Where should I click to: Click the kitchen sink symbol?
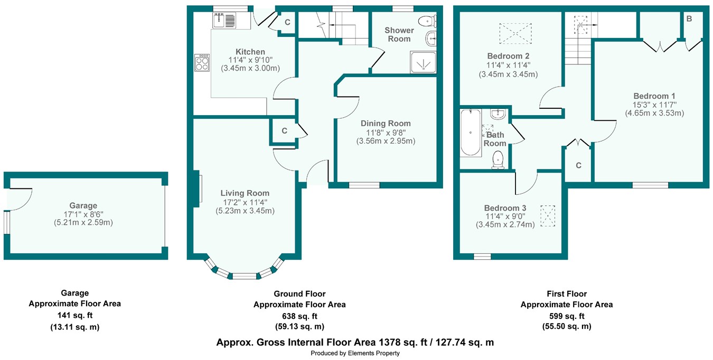tap(224, 21)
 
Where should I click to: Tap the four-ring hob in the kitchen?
tap(202, 63)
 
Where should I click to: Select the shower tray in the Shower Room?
tap(423, 62)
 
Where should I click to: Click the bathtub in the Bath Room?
tap(471, 132)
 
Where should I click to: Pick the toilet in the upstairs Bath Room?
tap(498, 160)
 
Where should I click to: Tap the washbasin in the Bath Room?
tap(498, 114)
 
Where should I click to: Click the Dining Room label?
tap(386, 124)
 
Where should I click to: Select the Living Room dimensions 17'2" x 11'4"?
tap(245, 202)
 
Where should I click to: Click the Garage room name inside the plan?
tap(83, 206)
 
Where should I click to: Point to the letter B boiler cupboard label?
tap(689, 19)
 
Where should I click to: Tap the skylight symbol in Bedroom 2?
tap(515, 33)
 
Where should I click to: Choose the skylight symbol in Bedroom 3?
tap(548, 216)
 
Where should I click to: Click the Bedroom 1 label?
tap(654, 96)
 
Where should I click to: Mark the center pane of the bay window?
tap(245, 276)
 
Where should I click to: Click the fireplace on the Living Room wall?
tap(196, 189)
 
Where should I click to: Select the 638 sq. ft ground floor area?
tap(299, 316)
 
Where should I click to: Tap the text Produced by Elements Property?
tap(355, 353)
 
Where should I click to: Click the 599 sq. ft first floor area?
tap(567, 316)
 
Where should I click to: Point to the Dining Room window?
tap(364, 185)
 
